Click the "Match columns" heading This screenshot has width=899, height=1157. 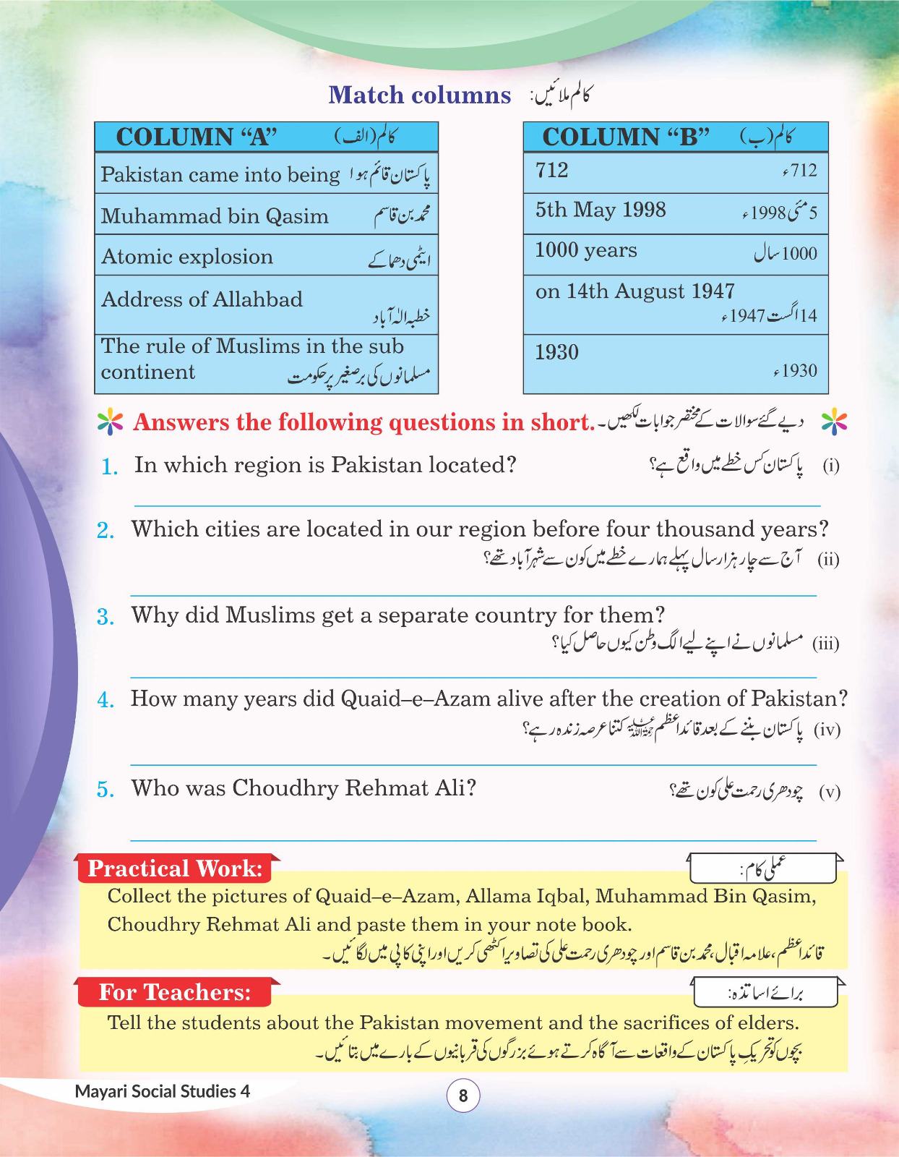(419, 95)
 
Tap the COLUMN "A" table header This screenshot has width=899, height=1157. (266, 137)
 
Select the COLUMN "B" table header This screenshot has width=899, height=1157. (675, 137)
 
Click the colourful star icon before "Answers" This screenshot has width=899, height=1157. (110, 422)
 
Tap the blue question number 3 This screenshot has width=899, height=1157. (106, 617)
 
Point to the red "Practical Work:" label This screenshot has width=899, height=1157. (175, 868)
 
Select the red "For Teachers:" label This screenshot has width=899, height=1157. (175, 992)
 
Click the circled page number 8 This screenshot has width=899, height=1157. (463, 1096)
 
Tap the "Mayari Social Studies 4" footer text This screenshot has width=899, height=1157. (162, 1091)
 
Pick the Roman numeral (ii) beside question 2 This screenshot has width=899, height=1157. (828, 559)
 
